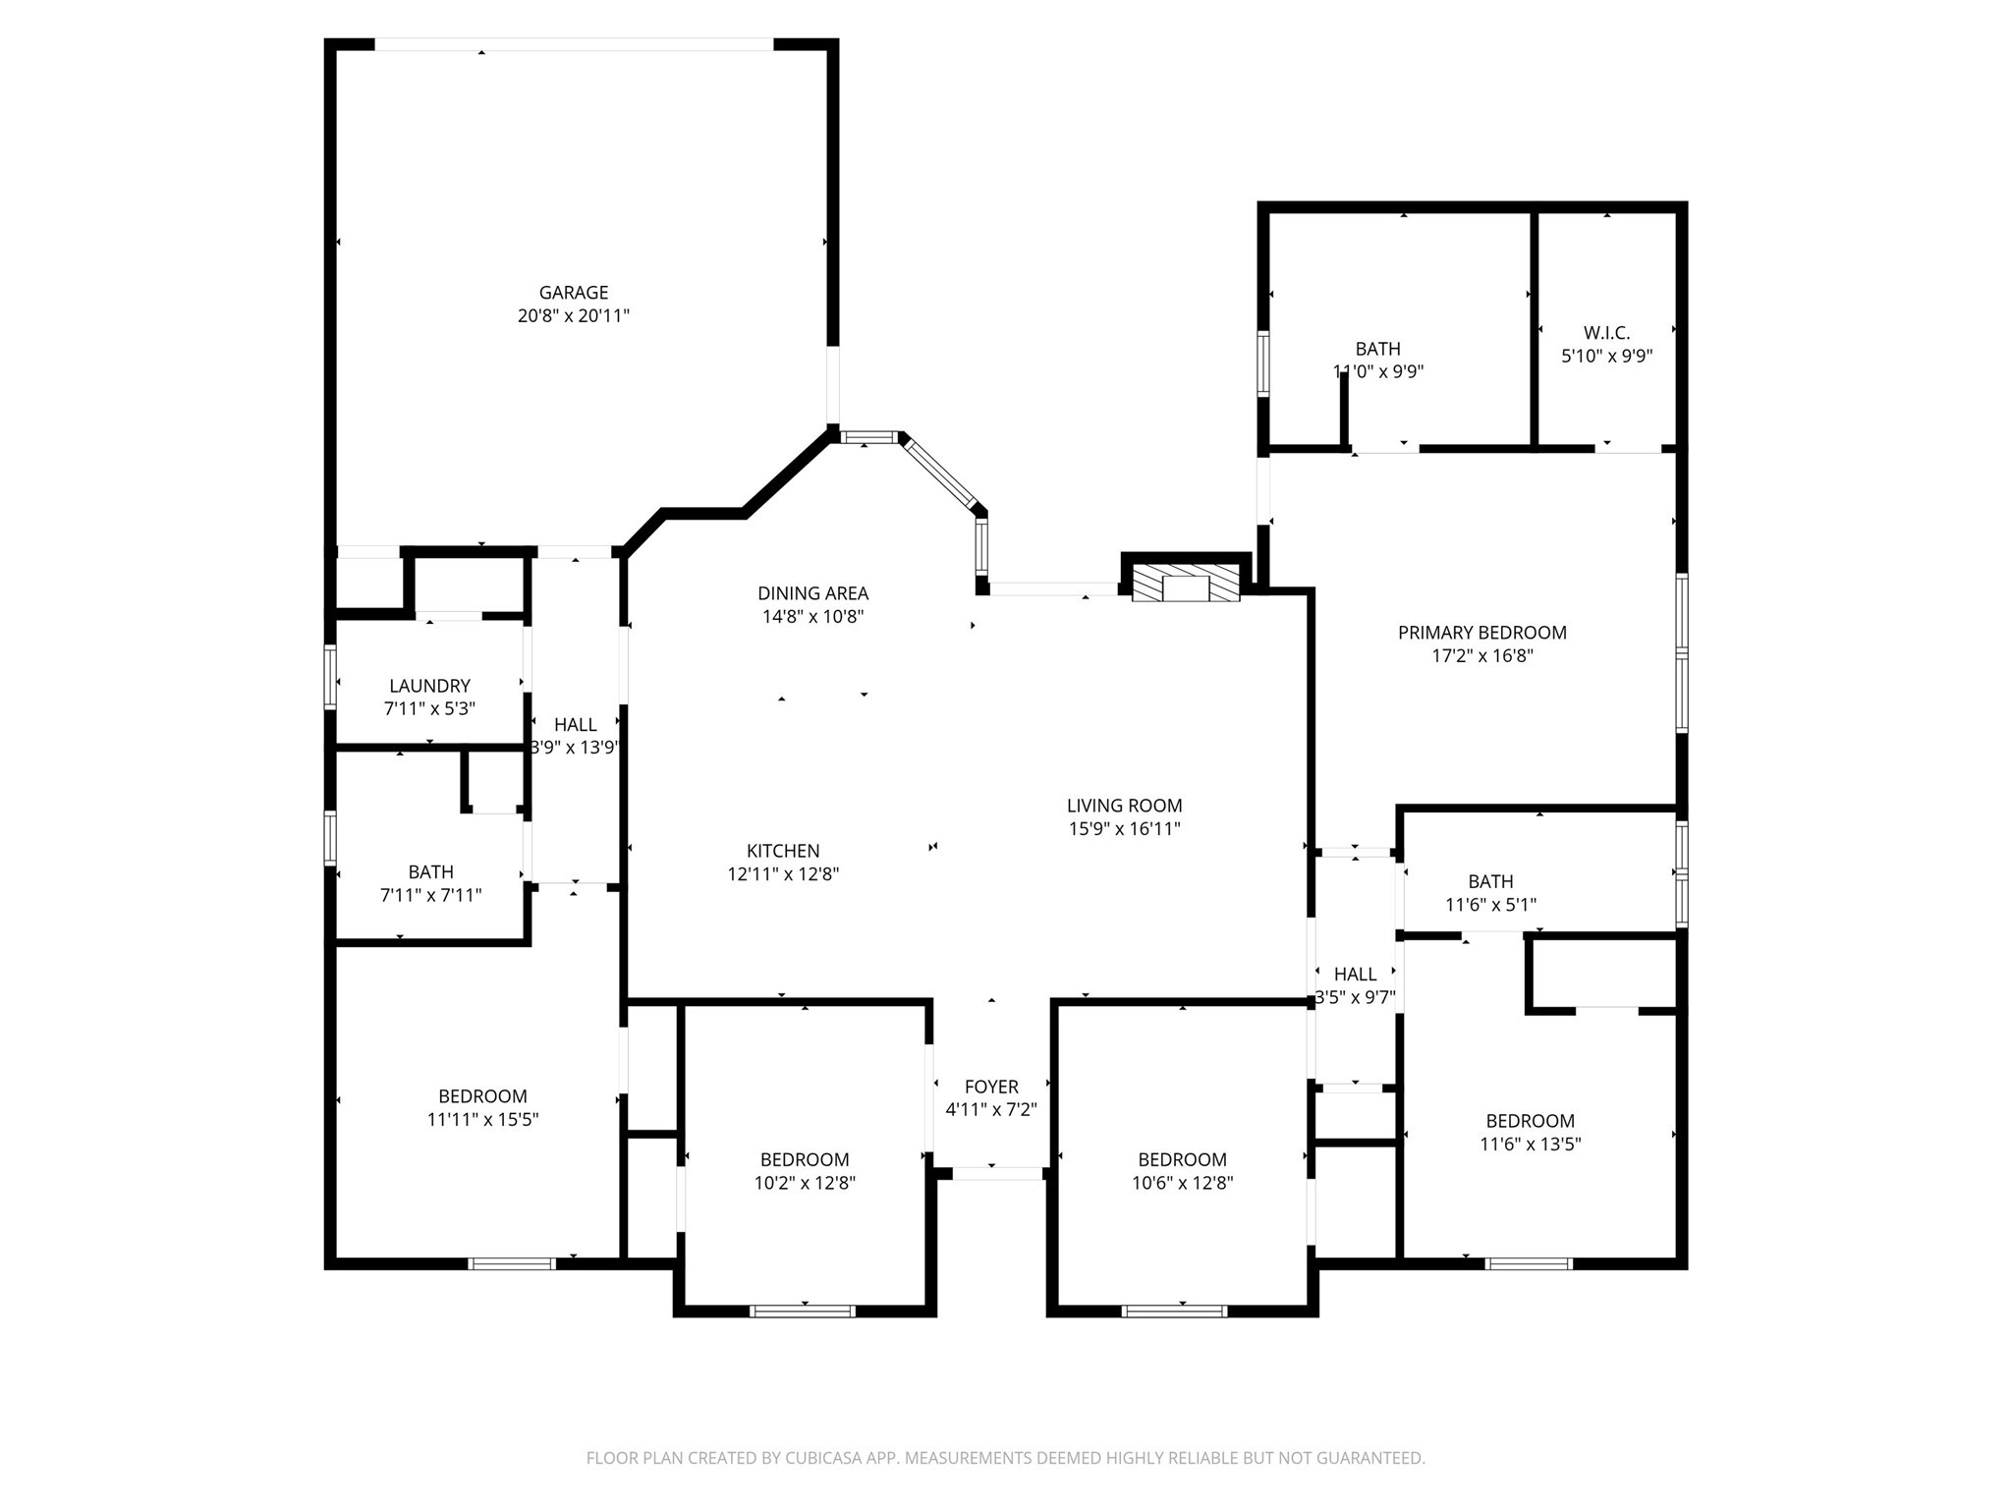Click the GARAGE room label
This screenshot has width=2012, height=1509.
[x=573, y=293]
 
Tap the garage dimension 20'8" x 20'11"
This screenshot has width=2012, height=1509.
[x=573, y=316]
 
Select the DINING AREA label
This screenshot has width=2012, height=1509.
[x=812, y=593]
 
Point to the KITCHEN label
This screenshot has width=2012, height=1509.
[x=783, y=851]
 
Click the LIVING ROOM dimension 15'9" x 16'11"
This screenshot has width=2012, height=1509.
[x=1124, y=829]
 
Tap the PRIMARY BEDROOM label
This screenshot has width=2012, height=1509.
[x=1481, y=633]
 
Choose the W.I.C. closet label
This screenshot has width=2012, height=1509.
[x=1606, y=333]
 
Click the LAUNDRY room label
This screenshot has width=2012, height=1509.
[x=429, y=686]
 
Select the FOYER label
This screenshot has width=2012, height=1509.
[x=991, y=1087]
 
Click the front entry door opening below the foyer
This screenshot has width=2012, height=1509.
[x=996, y=1173]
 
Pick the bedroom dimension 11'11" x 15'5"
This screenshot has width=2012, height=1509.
[x=482, y=1120]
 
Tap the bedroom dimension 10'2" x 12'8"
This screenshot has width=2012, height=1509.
[x=805, y=1184]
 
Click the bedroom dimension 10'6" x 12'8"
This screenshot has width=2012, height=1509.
[x=1182, y=1184]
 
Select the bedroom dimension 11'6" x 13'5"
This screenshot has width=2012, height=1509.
[x=1530, y=1145]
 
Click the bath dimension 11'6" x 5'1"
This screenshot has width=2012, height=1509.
[x=1490, y=905]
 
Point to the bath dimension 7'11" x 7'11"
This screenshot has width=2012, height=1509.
[x=430, y=896]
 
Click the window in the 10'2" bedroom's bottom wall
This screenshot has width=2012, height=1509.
[x=802, y=1311]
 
